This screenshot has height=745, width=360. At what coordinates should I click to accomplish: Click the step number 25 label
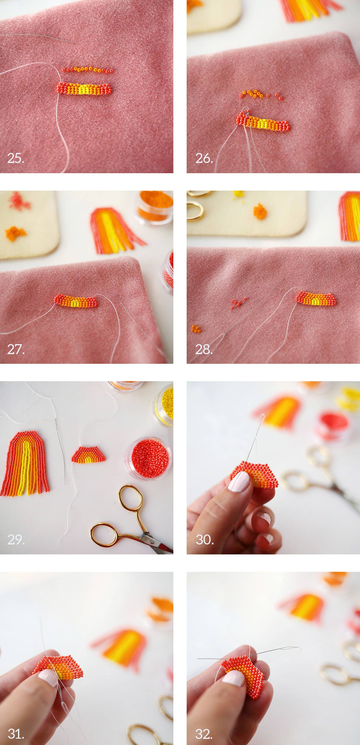[15, 158]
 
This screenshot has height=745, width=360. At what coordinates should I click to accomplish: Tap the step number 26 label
[204, 158]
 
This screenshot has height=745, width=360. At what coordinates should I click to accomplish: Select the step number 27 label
[16, 349]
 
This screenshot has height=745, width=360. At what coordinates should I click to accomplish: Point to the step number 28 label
[204, 349]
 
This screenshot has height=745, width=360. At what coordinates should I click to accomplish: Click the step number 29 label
[16, 539]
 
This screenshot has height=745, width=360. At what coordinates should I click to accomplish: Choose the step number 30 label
[205, 539]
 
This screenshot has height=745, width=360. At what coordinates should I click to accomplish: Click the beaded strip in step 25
[84, 89]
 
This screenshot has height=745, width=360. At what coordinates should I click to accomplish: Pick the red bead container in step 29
[149, 458]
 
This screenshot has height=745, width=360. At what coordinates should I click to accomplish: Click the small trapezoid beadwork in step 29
[89, 455]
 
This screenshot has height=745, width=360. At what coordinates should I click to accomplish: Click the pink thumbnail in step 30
[239, 482]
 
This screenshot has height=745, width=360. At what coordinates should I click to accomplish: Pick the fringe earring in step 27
[117, 230]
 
